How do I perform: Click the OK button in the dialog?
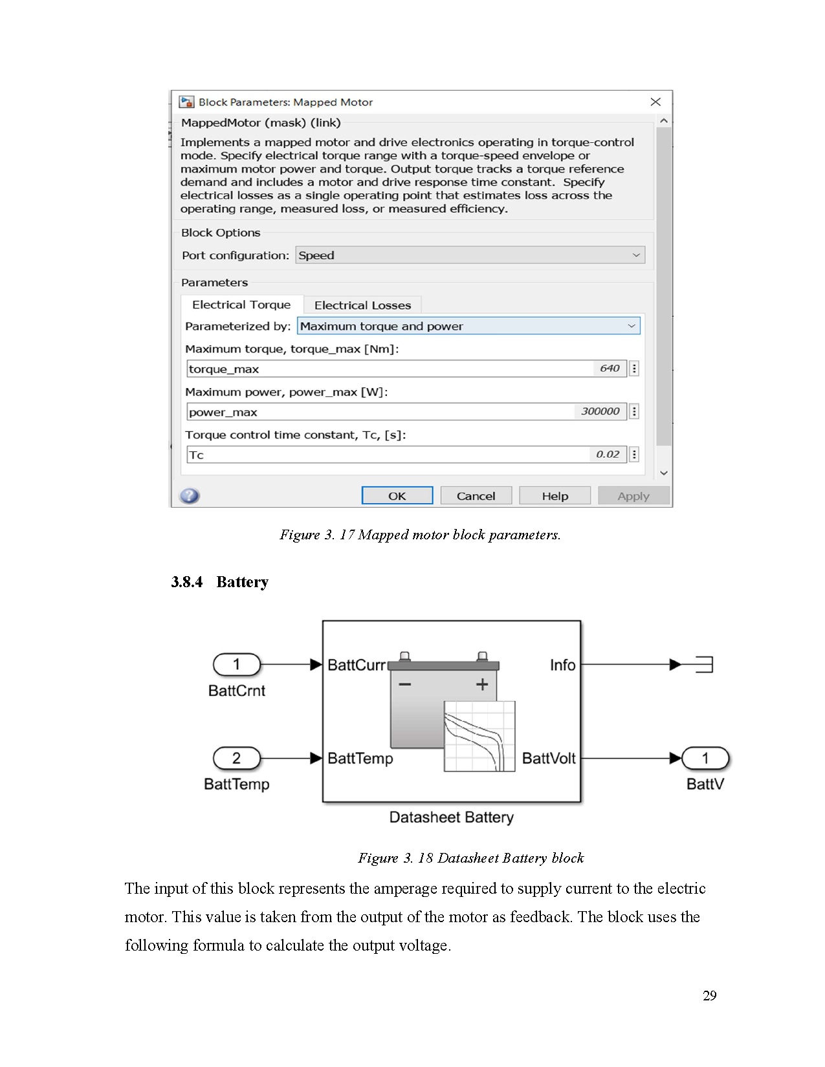point(397,496)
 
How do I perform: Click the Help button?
point(555,496)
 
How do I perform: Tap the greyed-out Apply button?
point(633,496)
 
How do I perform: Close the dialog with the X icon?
point(655,102)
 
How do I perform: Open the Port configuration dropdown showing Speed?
point(470,255)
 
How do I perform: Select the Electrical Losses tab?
point(362,305)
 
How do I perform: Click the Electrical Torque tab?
point(241,305)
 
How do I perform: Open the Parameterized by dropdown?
point(468,326)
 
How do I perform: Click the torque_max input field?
point(388,369)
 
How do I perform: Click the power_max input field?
point(379,412)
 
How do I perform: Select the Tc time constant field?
point(388,455)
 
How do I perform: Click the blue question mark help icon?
point(190,496)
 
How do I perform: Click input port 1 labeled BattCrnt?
point(237,664)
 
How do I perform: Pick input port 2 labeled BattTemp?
point(237,758)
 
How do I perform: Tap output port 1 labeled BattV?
point(705,758)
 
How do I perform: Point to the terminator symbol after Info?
point(704,664)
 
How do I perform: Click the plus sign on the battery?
point(482,684)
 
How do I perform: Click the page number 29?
point(709,995)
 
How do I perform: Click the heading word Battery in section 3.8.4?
point(242,582)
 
